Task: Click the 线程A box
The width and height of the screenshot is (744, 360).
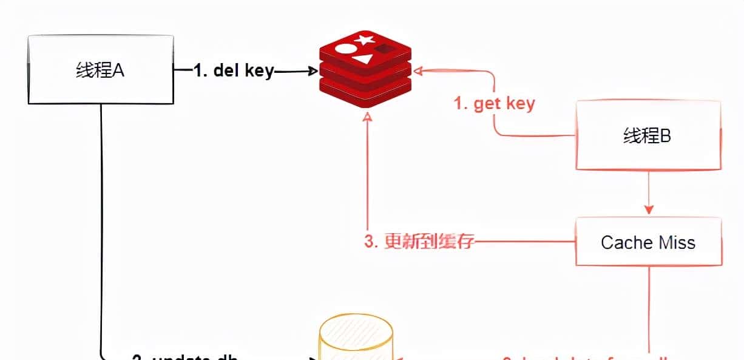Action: (x=101, y=70)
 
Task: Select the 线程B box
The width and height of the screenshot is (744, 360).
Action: (x=648, y=135)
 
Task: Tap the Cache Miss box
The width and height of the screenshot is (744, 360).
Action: (x=648, y=242)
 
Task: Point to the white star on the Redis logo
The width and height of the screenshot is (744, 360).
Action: (x=364, y=41)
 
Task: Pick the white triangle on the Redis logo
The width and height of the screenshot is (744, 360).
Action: (x=363, y=58)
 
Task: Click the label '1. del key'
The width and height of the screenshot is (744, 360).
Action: (x=234, y=70)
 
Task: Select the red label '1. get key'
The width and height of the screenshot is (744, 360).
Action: (x=495, y=103)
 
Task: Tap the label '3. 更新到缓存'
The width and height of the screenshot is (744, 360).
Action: (x=419, y=242)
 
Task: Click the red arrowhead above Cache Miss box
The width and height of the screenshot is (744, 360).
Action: (x=649, y=209)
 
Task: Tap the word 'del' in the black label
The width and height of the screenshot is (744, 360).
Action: (x=226, y=70)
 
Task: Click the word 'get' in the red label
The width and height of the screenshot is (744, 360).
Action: (x=486, y=104)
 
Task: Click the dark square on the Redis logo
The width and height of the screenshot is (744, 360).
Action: (x=384, y=49)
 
